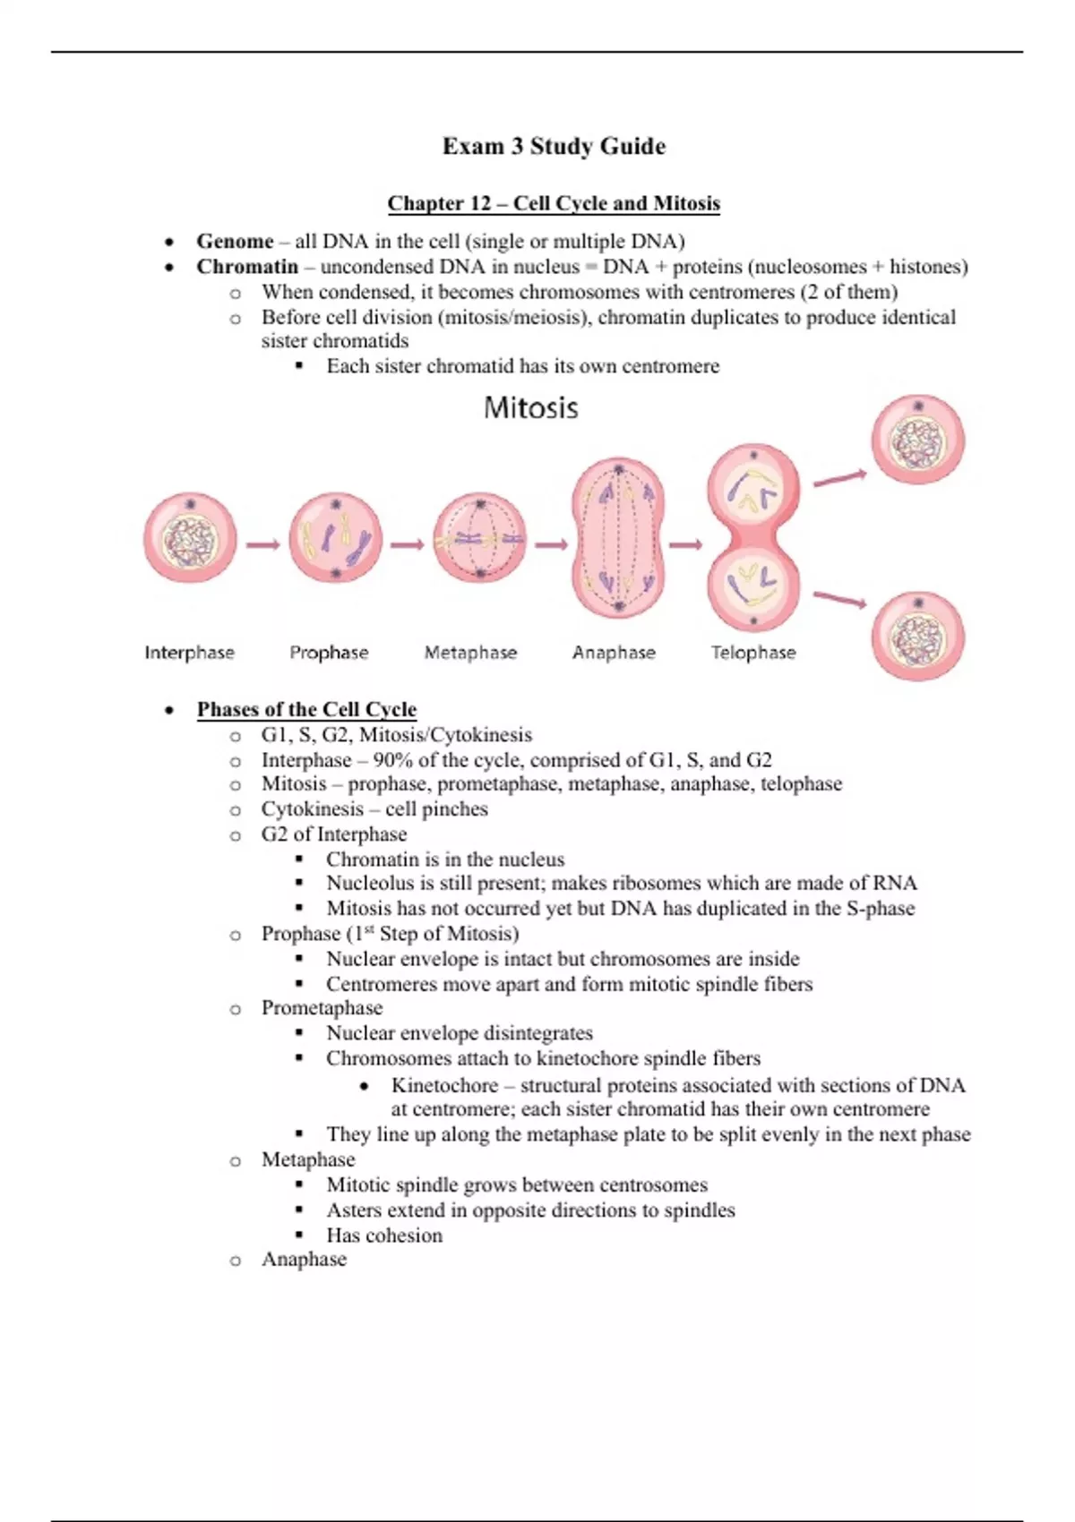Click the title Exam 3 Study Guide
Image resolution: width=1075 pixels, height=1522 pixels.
tap(554, 146)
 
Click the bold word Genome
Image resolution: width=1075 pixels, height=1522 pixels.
tap(235, 242)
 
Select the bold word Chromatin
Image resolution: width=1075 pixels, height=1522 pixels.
tap(247, 267)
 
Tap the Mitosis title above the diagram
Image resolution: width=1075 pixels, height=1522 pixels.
tap(530, 408)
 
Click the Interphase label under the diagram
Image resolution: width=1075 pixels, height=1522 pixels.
tap(189, 653)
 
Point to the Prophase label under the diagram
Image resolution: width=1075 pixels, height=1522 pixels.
tap(329, 653)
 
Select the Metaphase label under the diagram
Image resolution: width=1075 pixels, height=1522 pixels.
tap(470, 653)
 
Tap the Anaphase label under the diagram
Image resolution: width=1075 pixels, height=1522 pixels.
tap(614, 653)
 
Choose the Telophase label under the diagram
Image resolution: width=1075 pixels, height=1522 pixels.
tap(753, 653)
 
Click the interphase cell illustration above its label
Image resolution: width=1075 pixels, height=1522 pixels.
tap(190, 539)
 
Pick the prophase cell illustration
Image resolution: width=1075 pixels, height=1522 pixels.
tap(335, 540)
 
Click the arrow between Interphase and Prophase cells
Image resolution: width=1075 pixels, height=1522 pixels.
tap(262, 543)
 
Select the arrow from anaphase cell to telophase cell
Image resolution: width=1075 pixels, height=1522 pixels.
tap(685, 543)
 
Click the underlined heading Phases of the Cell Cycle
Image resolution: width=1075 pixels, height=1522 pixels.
tap(306, 710)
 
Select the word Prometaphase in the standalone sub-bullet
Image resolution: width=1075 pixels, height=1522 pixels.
tap(322, 1008)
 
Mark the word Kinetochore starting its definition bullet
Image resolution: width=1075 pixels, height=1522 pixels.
tap(444, 1086)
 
